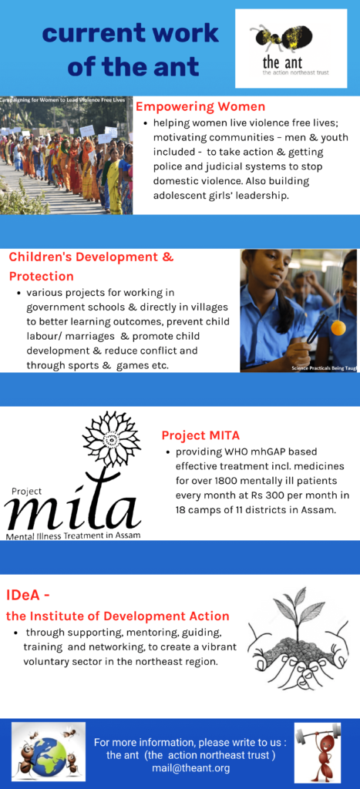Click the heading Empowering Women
tap(201, 106)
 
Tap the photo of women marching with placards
tap(66, 155)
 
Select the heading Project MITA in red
tap(200, 435)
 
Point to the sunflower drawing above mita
tap(107, 438)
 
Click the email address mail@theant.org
tap(191, 768)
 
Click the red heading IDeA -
tap(28, 596)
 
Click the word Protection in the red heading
tap(42, 277)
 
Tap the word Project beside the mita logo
tap(24, 492)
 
